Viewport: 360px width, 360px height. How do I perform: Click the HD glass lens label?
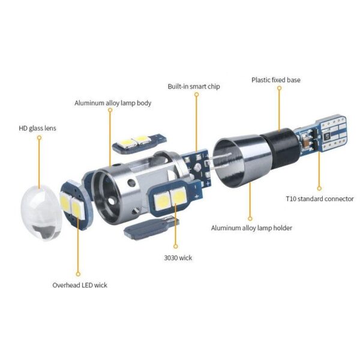click(37, 128)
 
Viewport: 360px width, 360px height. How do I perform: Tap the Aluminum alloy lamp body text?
click(113, 103)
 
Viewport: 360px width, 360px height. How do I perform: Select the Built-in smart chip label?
click(194, 86)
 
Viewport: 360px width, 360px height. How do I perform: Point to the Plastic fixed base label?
click(276, 80)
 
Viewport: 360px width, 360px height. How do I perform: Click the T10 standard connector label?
click(320, 199)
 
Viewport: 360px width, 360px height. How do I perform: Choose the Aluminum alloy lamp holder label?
click(251, 228)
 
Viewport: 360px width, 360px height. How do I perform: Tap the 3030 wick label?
click(178, 258)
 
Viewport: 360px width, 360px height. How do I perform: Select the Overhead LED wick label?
click(80, 285)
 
